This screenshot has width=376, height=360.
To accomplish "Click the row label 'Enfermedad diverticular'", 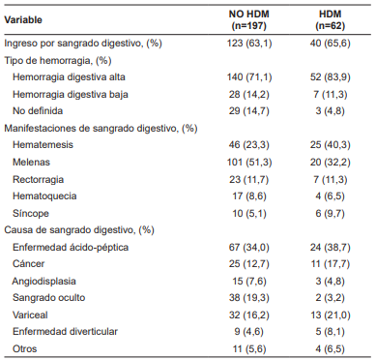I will (x=65, y=330).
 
